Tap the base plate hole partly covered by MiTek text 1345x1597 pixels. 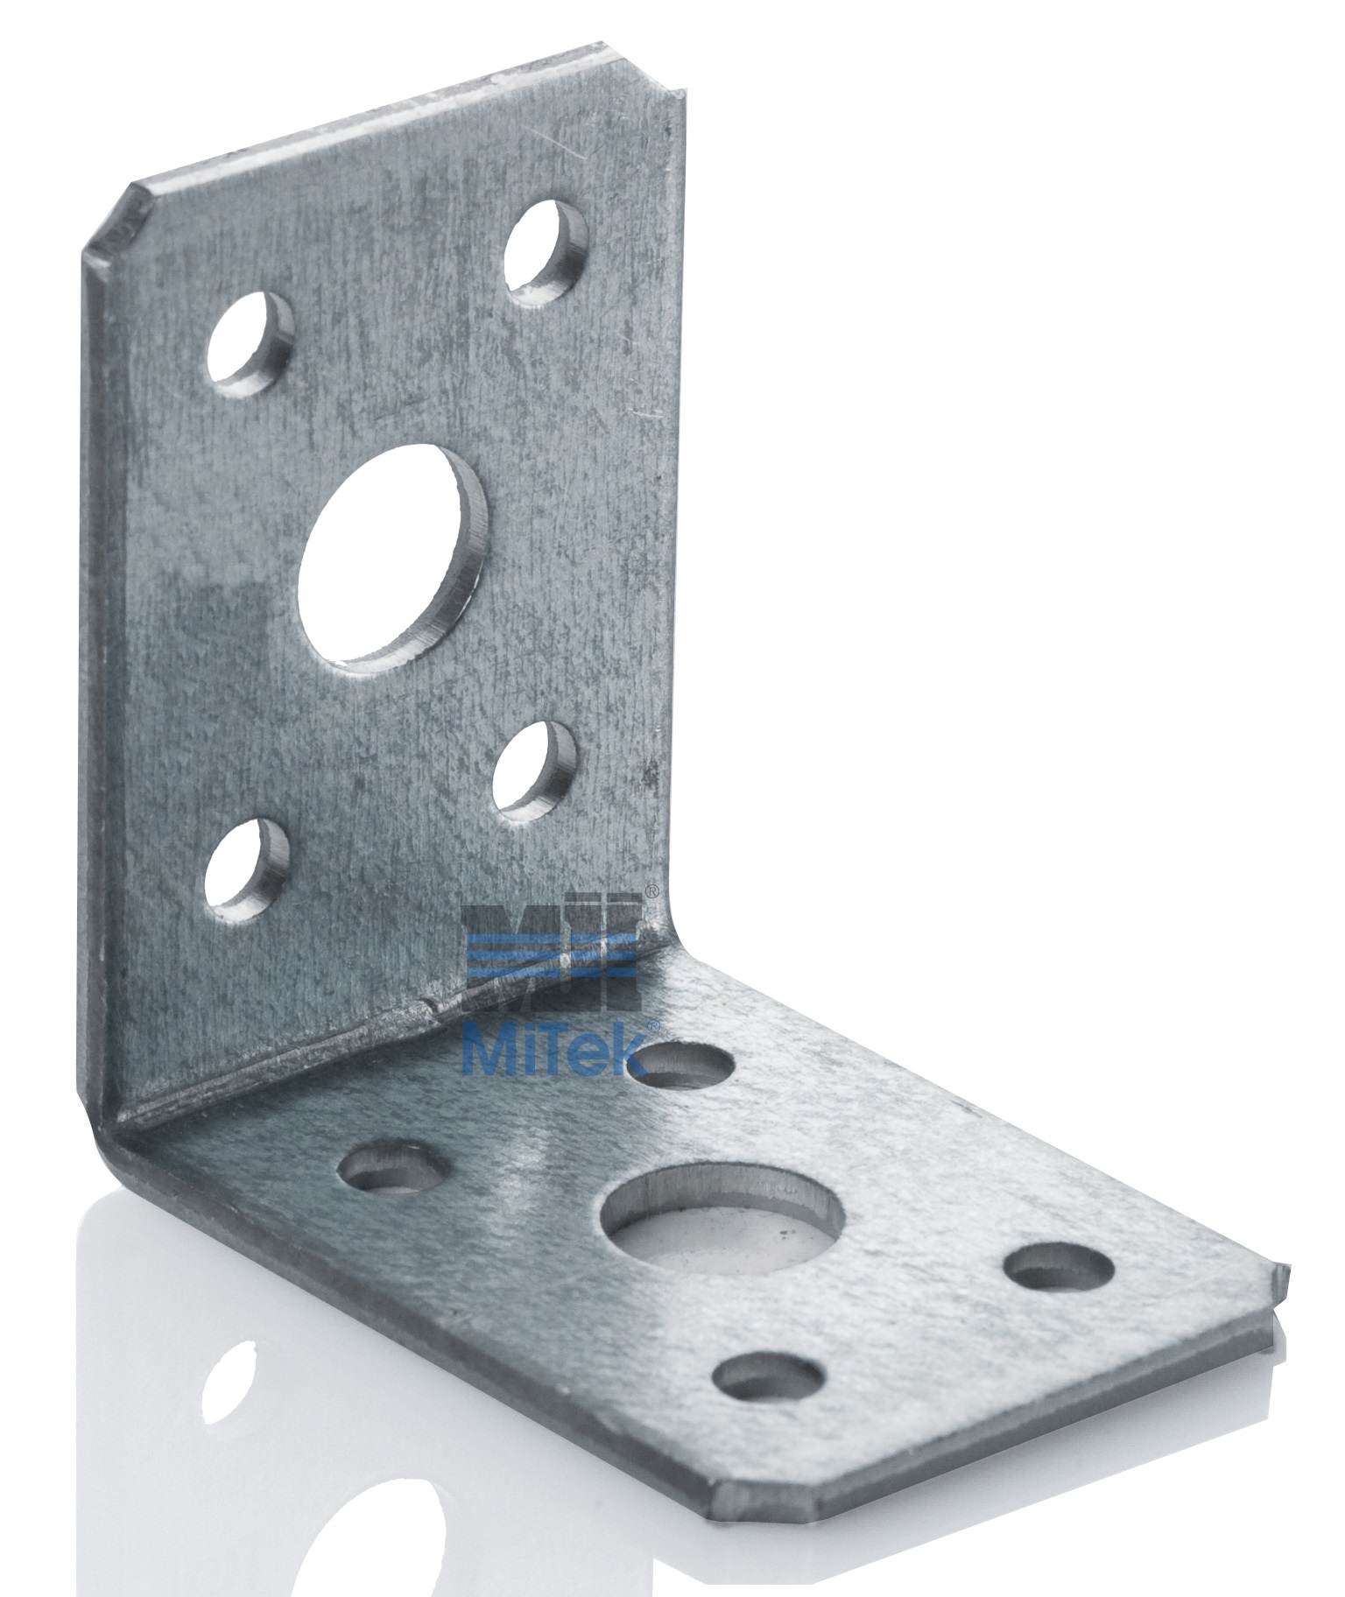tap(681, 1062)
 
